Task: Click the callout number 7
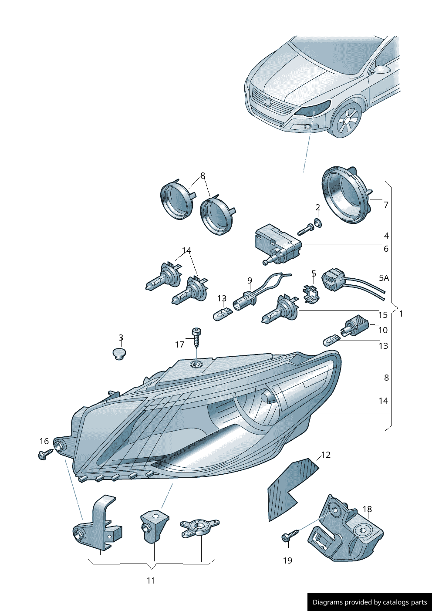[x=386, y=205]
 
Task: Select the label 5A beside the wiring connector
[x=384, y=278]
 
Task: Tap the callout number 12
[x=326, y=455]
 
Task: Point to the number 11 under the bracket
[x=151, y=581]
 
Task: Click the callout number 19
[x=287, y=560]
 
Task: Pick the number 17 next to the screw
[x=179, y=344]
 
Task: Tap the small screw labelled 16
[x=44, y=455]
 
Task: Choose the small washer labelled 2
[x=318, y=223]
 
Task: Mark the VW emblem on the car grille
[x=268, y=102]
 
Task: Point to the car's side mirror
[x=382, y=69]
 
